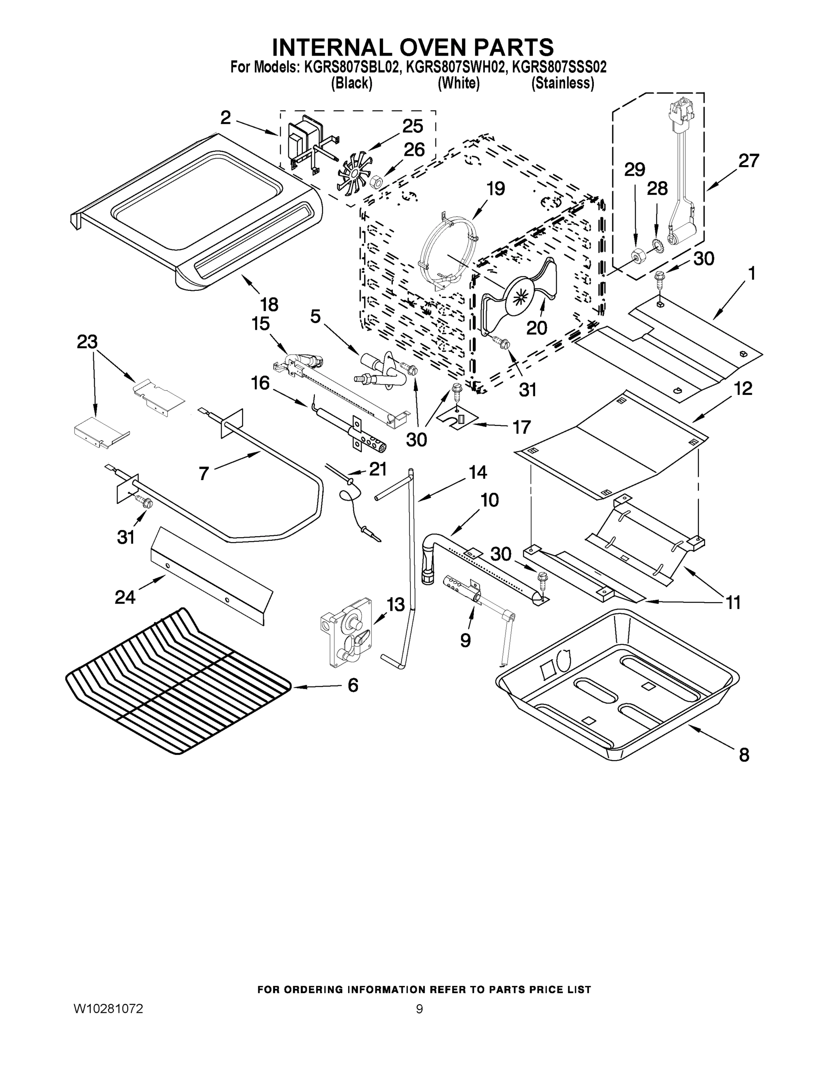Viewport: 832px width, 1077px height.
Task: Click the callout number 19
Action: (x=496, y=188)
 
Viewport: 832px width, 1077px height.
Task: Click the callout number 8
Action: (x=744, y=755)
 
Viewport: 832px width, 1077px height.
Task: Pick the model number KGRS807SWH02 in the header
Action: (x=456, y=67)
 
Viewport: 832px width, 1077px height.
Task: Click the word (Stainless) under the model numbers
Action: (x=562, y=83)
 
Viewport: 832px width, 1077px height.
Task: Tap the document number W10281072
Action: (x=109, y=1008)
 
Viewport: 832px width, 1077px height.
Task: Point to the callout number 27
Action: (x=748, y=161)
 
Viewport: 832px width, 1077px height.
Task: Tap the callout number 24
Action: (x=125, y=597)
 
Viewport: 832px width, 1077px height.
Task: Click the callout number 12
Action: (x=743, y=389)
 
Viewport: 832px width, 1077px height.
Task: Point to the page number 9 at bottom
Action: (x=419, y=1009)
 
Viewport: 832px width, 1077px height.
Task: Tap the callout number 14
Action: (x=477, y=473)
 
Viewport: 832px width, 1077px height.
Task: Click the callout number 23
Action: (x=87, y=342)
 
